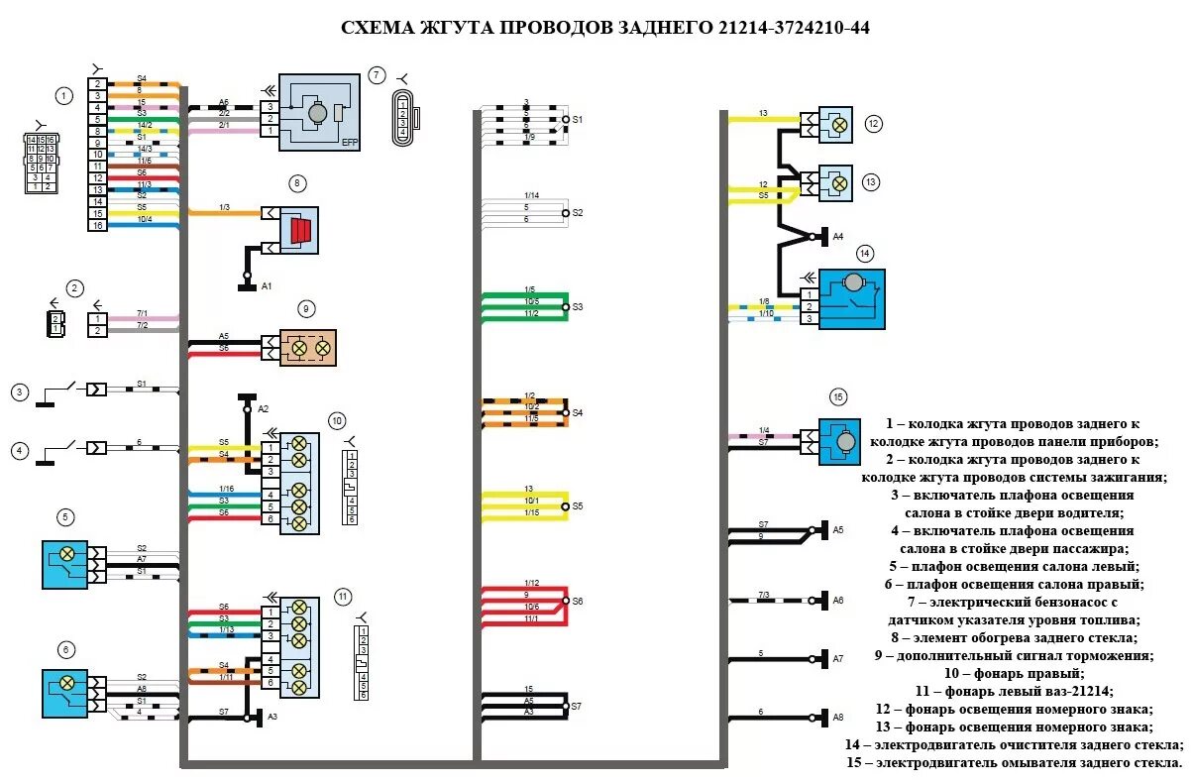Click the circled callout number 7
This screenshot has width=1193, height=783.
click(376, 74)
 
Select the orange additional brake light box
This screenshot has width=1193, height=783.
click(308, 348)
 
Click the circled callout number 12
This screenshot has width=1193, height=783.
click(872, 124)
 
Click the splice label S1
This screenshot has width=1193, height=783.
click(578, 119)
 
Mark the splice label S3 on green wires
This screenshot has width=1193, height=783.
click(578, 307)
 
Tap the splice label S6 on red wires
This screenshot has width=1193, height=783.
click(578, 601)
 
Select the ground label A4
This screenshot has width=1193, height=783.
click(837, 236)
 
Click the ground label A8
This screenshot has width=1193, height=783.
click(837, 717)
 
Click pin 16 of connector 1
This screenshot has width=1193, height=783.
click(97, 226)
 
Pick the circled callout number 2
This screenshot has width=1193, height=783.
click(74, 289)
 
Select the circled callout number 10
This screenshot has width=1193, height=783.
click(337, 419)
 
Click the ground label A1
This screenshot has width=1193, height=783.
click(267, 285)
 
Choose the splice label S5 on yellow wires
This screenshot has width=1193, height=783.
click(578, 505)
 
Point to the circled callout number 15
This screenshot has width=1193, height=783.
click(838, 397)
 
